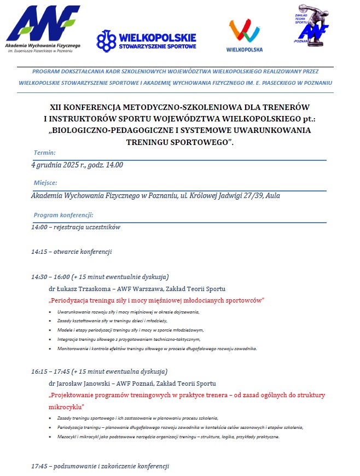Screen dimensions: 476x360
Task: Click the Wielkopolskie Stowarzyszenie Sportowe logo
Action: coord(146,40)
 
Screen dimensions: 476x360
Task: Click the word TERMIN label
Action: coord(44,153)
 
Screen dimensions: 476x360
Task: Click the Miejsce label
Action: coord(45,183)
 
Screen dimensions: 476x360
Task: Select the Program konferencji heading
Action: coord(63,215)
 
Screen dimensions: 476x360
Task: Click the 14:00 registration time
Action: coord(39,227)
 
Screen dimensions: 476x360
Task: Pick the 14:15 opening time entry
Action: coord(39,252)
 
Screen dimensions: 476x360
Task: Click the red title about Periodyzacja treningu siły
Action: coord(156,300)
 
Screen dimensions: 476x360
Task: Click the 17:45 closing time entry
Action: coord(39,467)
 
